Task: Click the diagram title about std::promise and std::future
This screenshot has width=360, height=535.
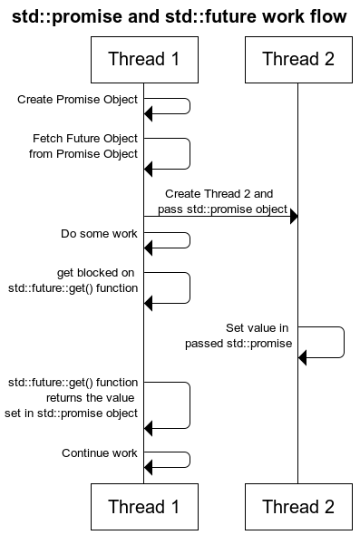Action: coord(180,16)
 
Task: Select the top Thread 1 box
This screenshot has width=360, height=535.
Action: coord(143,60)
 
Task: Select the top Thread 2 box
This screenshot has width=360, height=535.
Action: coord(297,60)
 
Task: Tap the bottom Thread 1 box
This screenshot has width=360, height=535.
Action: coord(143,507)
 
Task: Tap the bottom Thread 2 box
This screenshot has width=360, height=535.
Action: coord(297,507)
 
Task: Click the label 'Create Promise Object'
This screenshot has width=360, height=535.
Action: coord(78,99)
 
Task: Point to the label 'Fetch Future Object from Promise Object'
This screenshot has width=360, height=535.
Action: coord(84,146)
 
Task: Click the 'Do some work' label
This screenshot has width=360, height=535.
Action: coord(99,233)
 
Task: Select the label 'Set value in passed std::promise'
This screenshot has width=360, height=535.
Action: coord(238,336)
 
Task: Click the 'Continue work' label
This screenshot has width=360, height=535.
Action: coord(99,452)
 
